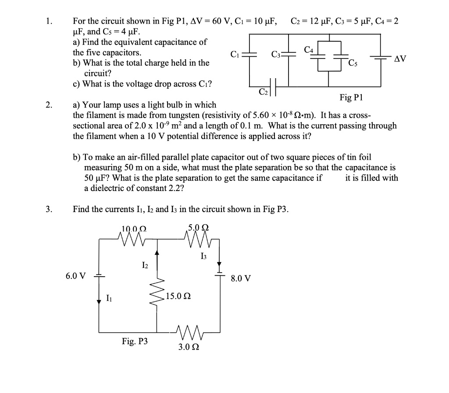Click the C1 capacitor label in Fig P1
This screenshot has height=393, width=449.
234,55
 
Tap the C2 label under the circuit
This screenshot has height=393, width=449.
263,92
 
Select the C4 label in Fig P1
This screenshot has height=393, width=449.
309,50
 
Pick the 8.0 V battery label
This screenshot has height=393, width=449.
241,278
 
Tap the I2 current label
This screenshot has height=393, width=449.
145,265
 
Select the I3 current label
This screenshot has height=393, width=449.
203,256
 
